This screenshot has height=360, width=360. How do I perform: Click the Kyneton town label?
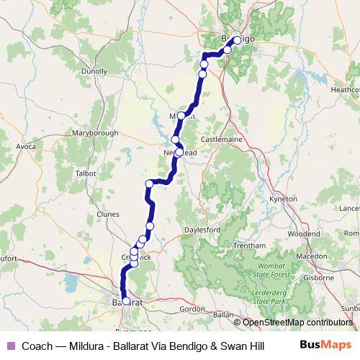click(x=282, y=198)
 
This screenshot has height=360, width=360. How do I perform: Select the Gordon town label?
click(x=192, y=309)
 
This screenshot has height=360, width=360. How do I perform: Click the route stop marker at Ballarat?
click(x=126, y=302)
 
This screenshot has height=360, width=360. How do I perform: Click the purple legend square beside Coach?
click(x=10, y=346)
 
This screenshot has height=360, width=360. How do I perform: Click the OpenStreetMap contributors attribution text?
click(x=297, y=323)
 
